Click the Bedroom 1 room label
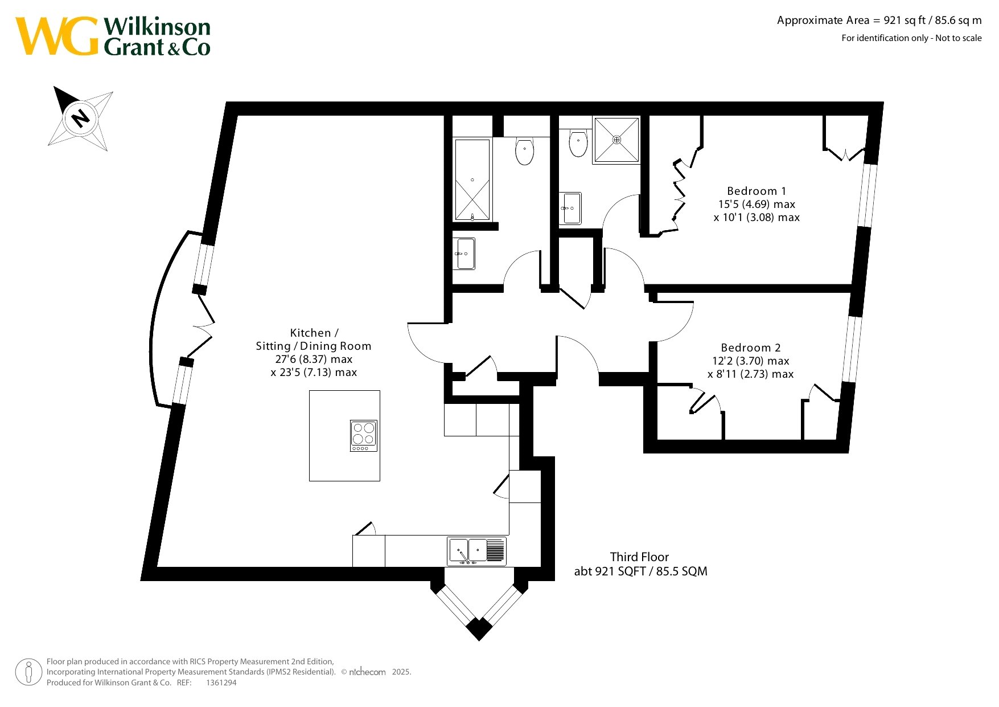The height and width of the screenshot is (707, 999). click(x=757, y=191)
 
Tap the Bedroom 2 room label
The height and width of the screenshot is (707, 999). click(x=751, y=348)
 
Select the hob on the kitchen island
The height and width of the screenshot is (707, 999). click(x=363, y=436)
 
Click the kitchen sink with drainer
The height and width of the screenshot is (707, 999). click(x=476, y=551)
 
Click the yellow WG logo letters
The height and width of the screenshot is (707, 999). click(x=57, y=36)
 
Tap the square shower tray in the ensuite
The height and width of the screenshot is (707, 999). click(x=616, y=140)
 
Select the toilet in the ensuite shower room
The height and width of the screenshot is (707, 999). click(x=578, y=143)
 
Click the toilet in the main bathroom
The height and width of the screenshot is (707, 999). click(x=524, y=150)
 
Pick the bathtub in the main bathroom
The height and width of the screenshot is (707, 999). click(x=472, y=180)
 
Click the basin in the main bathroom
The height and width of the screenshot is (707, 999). click(x=465, y=254)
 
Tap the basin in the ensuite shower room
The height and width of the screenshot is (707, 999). click(x=571, y=209)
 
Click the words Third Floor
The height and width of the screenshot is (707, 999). click(x=639, y=557)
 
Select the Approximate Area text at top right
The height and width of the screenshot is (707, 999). click(x=879, y=21)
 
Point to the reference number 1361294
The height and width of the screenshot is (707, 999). click(x=221, y=683)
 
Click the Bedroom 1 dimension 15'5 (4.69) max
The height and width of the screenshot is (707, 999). click(x=757, y=204)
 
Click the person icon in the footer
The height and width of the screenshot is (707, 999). click(x=28, y=672)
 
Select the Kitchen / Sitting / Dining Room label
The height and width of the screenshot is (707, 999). click(x=314, y=340)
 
